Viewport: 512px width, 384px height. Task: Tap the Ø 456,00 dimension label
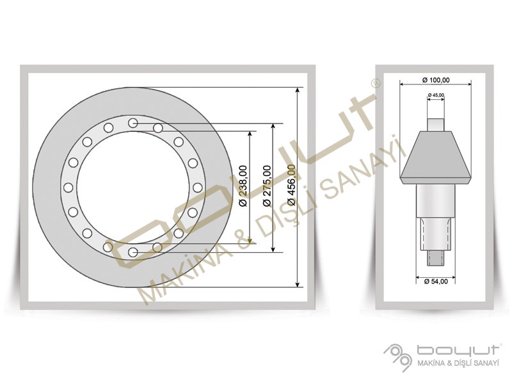tap(292, 186)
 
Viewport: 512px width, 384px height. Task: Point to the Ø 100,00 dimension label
tap(436, 80)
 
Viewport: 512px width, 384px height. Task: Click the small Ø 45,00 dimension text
tap(436, 95)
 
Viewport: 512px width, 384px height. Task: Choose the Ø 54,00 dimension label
tap(436, 281)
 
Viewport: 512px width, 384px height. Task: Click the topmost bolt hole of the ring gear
tap(132, 123)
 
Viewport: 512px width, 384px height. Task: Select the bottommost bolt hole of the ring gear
tap(132, 252)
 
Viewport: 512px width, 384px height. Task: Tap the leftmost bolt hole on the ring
tap(68, 188)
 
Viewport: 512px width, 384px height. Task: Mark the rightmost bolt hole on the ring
tap(197, 188)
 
